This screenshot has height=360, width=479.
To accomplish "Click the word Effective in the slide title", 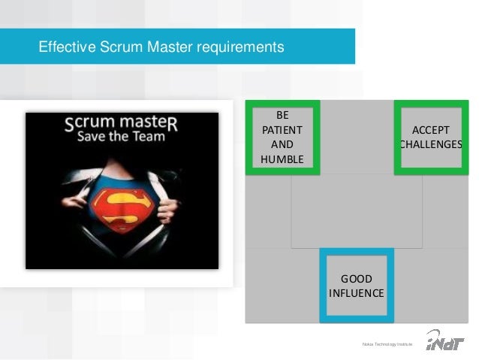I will pos(65,48).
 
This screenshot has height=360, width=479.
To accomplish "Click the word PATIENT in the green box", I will pos(282,129).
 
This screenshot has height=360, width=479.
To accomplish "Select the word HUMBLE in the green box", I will pos(282,159).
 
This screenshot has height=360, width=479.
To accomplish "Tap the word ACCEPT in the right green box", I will pos(432,129).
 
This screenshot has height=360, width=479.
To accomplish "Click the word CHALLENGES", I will pos(431,144).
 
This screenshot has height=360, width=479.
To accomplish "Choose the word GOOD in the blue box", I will pos(357,277).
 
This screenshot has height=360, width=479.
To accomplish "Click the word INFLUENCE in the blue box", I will pos(357,292).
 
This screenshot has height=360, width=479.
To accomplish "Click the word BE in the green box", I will pos(282,115).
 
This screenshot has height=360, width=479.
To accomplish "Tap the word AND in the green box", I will pos(282,144).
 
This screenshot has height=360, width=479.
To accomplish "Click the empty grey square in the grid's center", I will pos(357,211).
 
